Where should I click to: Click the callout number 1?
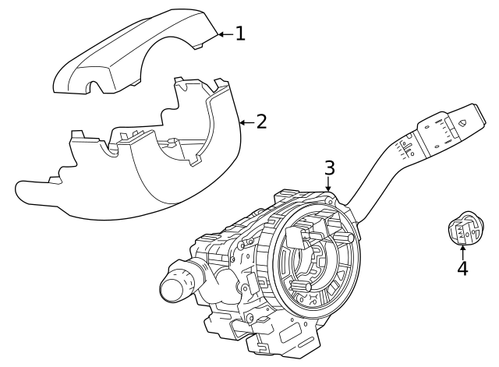coord(240,34)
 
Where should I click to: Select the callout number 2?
coord(261,122)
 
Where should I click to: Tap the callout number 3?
coord(329,168)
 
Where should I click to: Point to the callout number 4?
coord(462,268)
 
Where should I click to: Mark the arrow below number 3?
coord(329,185)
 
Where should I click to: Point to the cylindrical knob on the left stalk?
coord(176,285)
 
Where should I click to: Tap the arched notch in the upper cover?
coord(97,86)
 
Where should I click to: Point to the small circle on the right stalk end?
coord(462,122)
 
